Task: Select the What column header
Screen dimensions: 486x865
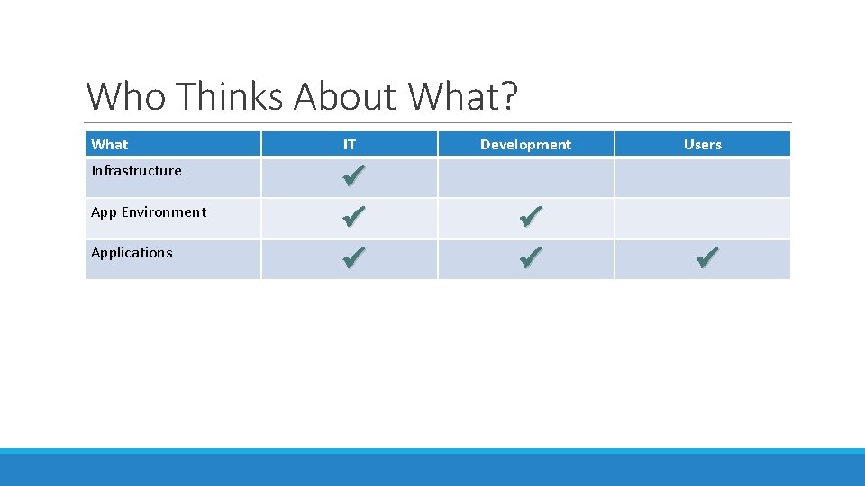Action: tap(110, 144)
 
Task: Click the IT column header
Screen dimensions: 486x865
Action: tap(350, 144)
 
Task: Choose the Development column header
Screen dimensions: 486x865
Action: tap(525, 144)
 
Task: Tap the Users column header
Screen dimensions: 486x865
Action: tap(702, 144)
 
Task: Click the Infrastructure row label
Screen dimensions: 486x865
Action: tap(136, 171)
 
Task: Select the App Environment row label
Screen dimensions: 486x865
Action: tap(149, 212)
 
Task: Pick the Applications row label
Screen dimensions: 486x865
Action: tap(132, 253)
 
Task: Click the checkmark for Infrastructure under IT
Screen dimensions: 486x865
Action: tap(353, 175)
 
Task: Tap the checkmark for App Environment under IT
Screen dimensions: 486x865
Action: tap(353, 217)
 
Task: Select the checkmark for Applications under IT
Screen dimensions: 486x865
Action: tap(353, 259)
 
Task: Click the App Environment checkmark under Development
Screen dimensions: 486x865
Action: tap(531, 217)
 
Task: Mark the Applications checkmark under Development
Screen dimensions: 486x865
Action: tap(531, 259)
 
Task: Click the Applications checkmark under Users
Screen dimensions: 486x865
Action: tap(707, 259)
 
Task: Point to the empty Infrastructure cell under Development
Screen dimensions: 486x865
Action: tap(525, 177)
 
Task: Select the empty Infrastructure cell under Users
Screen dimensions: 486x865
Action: tap(702, 177)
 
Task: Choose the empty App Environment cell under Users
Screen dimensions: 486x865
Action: tap(702, 218)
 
